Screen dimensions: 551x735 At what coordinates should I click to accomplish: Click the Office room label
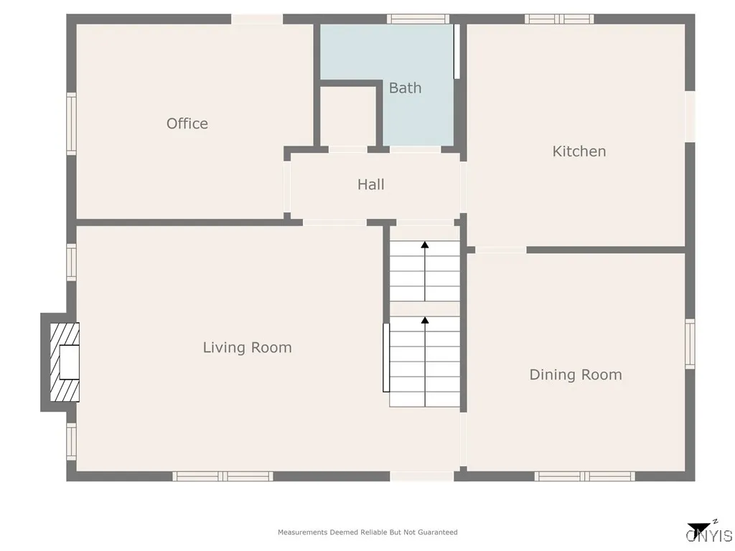[187, 123]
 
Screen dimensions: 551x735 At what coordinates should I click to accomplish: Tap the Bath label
[405, 88]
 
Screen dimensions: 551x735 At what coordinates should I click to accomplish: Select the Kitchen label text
[579, 151]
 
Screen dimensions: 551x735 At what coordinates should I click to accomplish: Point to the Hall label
[371, 184]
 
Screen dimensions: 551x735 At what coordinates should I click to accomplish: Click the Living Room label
[247, 348]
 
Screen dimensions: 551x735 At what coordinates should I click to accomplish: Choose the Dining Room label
[576, 375]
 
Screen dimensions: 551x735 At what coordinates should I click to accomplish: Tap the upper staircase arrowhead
[425, 245]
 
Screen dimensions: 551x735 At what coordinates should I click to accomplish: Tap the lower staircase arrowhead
[425, 321]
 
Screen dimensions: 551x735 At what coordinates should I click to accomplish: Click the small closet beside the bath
[347, 117]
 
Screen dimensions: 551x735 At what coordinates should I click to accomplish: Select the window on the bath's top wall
[418, 19]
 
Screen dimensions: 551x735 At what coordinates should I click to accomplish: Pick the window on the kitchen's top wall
[559, 19]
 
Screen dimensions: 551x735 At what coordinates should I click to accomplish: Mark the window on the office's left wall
[72, 123]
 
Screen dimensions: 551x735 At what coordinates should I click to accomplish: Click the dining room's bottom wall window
[584, 476]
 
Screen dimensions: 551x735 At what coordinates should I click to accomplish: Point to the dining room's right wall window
[690, 344]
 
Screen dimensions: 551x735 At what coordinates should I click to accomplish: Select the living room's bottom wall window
[223, 476]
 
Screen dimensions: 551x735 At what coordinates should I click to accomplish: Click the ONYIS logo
[708, 533]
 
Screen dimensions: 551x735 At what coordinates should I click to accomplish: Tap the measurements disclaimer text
[367, 532]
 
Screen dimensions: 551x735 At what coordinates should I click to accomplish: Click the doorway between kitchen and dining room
[500, 250]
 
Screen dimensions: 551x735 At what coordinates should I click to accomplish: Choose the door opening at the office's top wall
[257, 19]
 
